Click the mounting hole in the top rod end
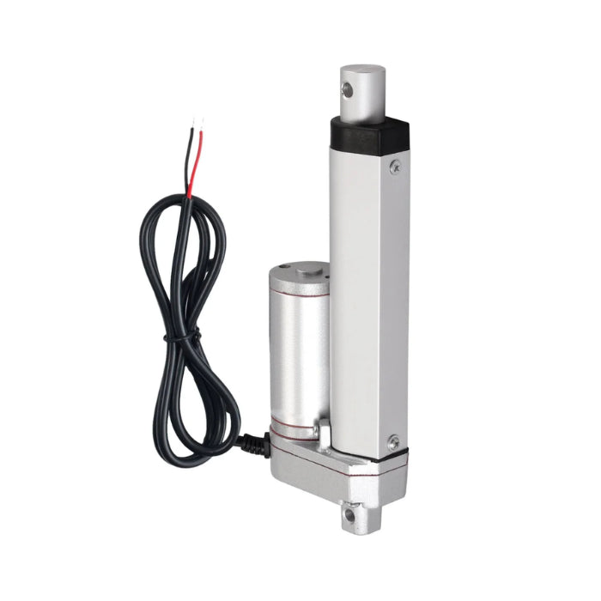(349, 88)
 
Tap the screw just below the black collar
(395, 167)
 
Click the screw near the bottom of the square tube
(392, 443)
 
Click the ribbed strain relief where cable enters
(254, 443)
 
